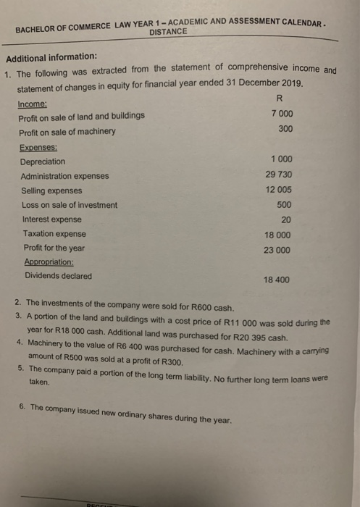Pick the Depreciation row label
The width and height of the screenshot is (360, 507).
pos(43,161)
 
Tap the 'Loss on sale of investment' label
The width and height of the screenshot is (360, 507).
pos(69,205)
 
